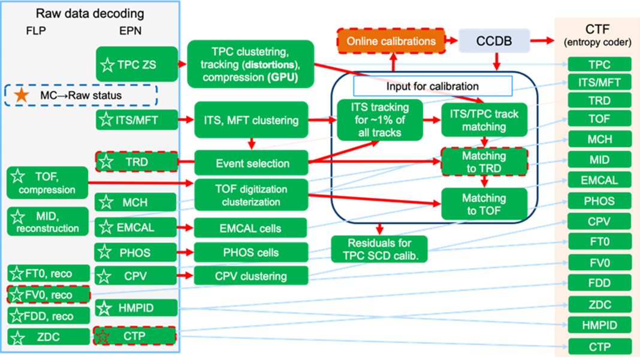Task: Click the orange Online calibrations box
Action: tap(391, 41)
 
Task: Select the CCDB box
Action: tap(494, 41)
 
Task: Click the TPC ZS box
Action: tap(137, 64)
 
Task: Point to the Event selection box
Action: tap(252, 163)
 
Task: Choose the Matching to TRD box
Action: tap(484, 162)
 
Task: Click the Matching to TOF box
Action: tap(484, 204)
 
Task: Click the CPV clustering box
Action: tap(250, 277)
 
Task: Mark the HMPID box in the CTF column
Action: tap(600, 325)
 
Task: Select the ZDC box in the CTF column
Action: tap(600, 305)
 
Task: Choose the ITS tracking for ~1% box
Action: tap(379, 120)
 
